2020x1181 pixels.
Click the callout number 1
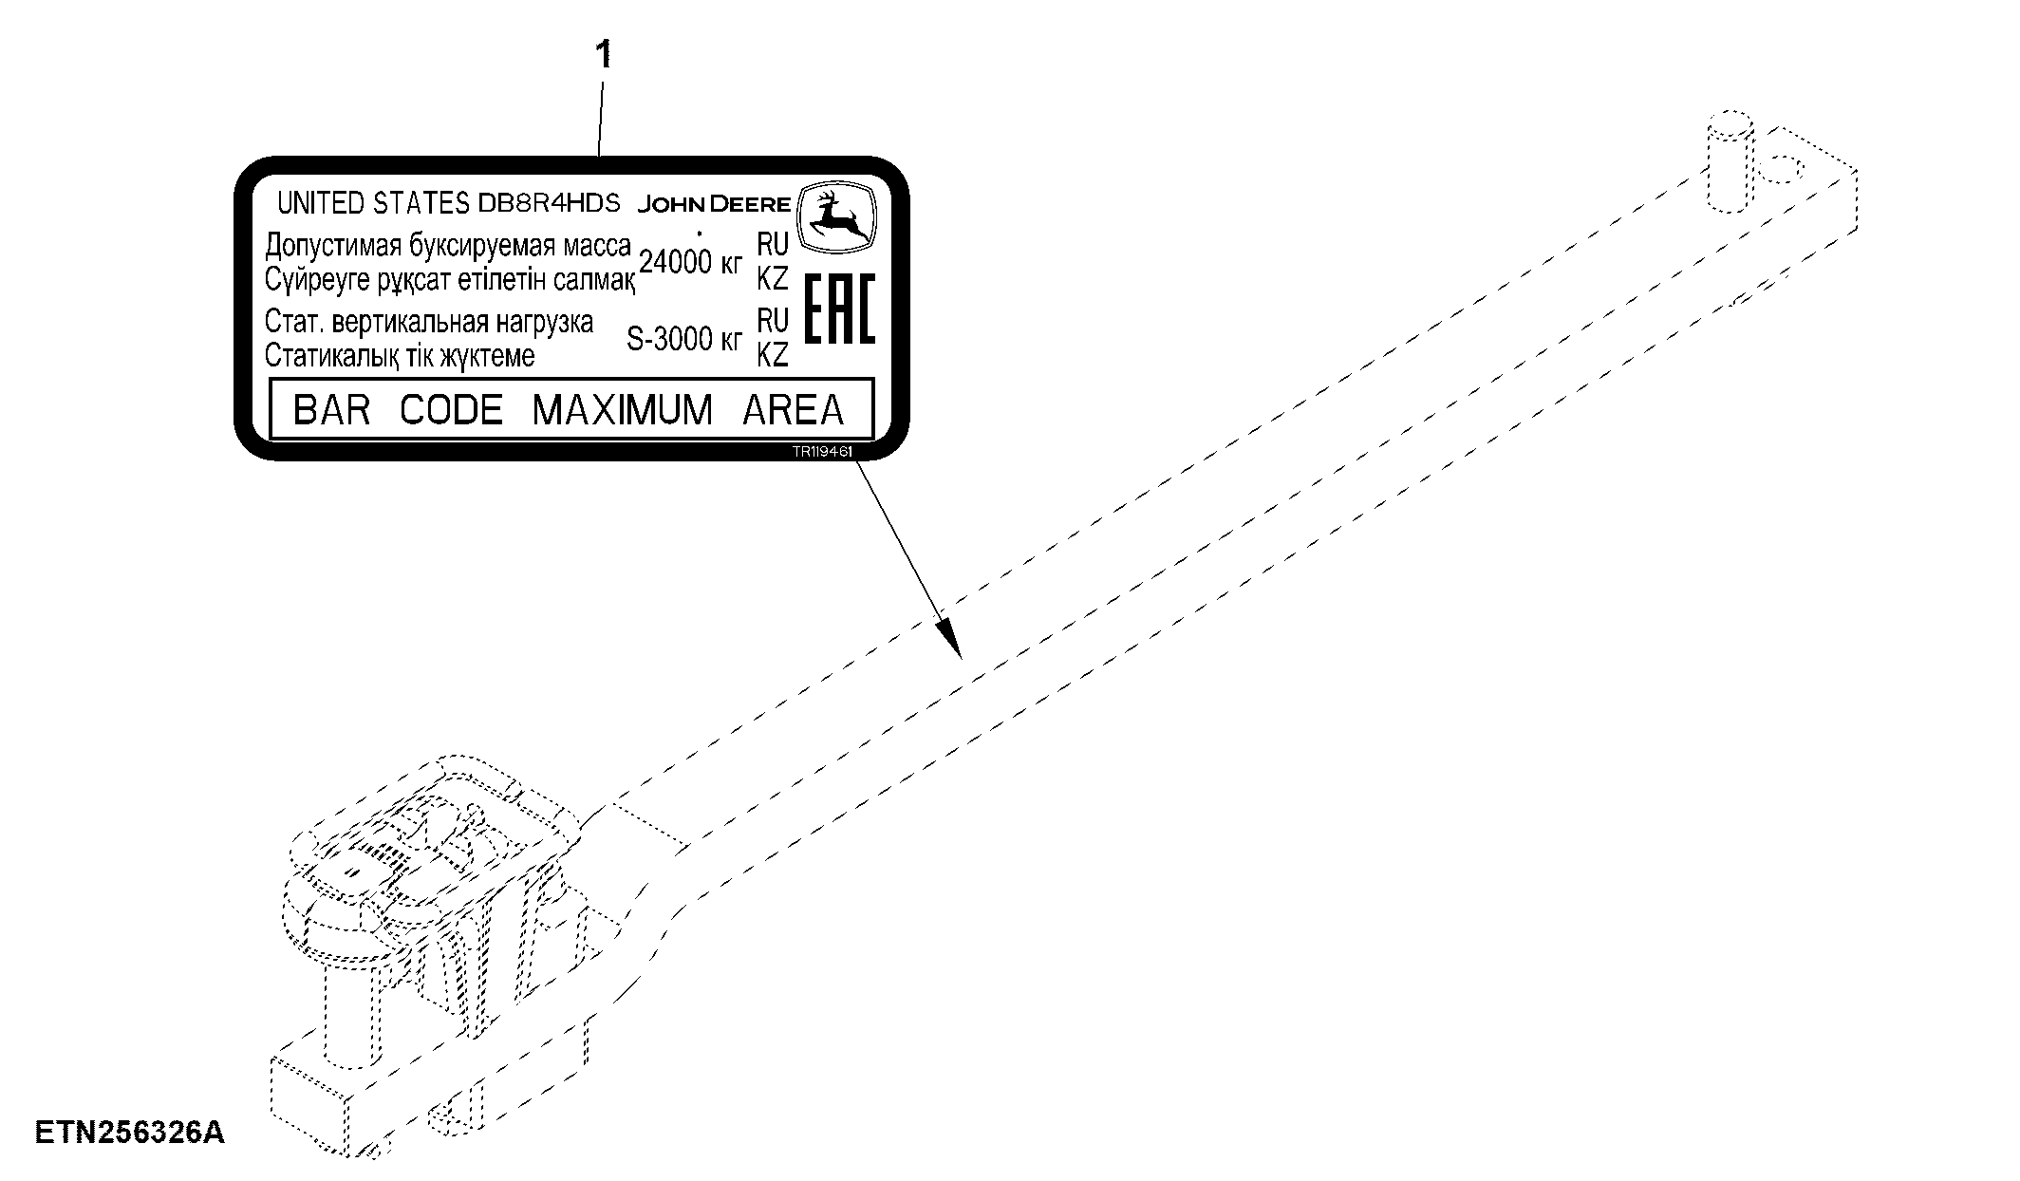coord(604,55)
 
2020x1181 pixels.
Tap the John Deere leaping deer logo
coord(835,217)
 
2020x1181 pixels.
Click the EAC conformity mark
coord(840,308)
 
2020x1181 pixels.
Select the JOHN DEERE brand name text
coord(714,204)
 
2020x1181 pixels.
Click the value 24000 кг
coord(690,262)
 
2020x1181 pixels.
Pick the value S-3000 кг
coord(683,339)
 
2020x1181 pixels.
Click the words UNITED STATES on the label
coord(373,203)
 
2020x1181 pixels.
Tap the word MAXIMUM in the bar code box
coord(622,410)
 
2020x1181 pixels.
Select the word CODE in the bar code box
coord(451,410)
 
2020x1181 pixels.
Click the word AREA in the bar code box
coord(794,410)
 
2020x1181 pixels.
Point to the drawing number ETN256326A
coord(130,1133)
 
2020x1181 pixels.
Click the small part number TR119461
coord(823,453)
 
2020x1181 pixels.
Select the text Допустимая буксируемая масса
coord(448,246)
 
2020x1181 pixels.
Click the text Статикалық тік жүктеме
coord(400,356)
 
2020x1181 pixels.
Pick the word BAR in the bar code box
coord(331,410)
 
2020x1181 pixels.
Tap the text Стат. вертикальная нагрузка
coord(429,323)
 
